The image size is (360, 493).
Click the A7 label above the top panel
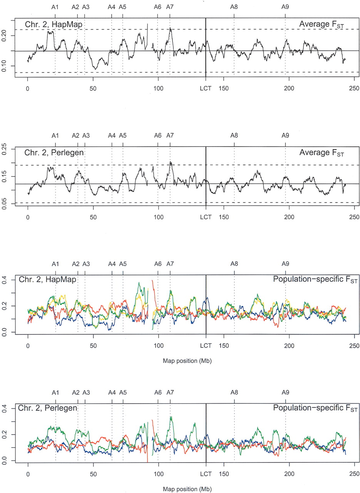(x=170, y=7)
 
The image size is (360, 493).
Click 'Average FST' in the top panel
(x=321, y=25)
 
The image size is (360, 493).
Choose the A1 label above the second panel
(x=55, y=136)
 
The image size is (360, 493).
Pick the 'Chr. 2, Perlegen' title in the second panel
(x=54, y=152)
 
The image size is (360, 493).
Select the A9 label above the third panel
(x=285, y=264)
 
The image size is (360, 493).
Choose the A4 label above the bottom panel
(x=112, y=392)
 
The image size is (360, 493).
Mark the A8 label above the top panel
(x=234, y=7)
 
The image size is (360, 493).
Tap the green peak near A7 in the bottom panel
(x=171, y=417)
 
